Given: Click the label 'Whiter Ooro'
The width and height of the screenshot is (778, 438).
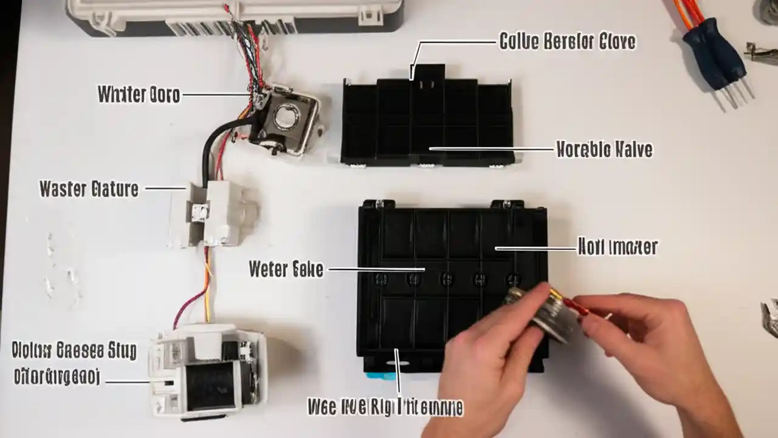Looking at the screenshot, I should (139, 95).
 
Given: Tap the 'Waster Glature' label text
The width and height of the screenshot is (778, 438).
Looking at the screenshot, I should (89, 189).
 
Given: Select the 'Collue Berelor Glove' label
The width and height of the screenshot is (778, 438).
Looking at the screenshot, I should (567, 42).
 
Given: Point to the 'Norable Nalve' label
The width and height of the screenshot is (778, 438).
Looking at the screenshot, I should (604, 149).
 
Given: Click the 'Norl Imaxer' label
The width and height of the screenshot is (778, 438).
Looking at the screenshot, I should (617, 247).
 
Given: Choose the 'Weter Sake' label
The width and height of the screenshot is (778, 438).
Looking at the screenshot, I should (286, 269).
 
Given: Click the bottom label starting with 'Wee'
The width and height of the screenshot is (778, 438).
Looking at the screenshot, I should (385, 407).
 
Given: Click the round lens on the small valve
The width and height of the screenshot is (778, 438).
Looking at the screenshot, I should (286, 116).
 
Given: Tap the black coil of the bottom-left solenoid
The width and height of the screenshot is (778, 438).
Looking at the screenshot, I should (210, 384).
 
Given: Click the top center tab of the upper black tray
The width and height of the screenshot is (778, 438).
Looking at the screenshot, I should (429, 72).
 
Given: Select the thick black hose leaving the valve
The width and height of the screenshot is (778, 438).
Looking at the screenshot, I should (210, 146).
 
